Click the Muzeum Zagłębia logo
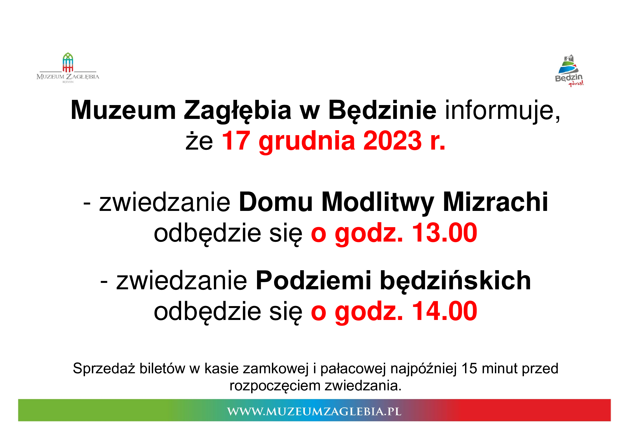pos(68,68)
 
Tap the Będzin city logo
pos(569,70)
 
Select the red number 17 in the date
pos(236,141)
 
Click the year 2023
pos(392,141)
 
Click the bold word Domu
pos(276,202)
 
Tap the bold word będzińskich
pos(455,282)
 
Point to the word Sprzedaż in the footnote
pos(104,368)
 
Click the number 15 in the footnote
pos(469,368)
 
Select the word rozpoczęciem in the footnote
pos(276,386)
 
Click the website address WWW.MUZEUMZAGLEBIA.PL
pos(314,411)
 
